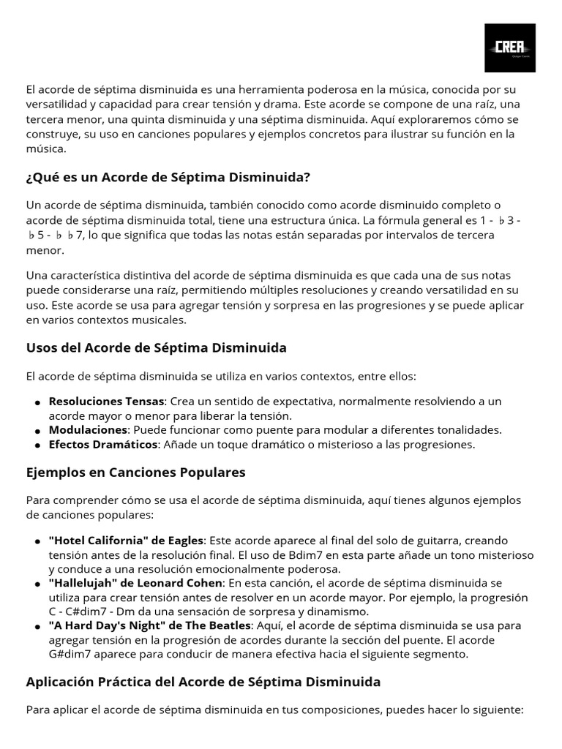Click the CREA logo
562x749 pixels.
coord(510,48)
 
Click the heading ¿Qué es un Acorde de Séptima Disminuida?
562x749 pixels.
coord(168,177)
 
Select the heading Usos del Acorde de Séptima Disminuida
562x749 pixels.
coord(156,347)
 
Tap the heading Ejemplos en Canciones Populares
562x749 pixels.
coord(135,473)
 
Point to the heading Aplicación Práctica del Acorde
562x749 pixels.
coord(203,682)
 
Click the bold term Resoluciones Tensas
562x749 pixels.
coord(107,402)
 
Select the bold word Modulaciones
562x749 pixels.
coord(88,430)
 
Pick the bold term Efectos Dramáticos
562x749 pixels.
coord(103,444)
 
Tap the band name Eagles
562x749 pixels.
coord(185,541)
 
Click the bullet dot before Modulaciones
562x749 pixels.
coord(37,431)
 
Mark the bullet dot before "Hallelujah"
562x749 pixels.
coord(37,584)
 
